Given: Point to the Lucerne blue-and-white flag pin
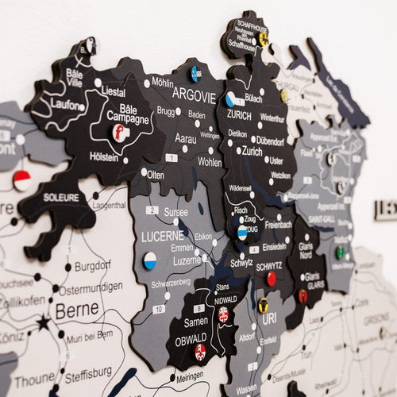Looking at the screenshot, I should (x=149, y=260).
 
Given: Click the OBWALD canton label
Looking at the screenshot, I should (x=191, y=341).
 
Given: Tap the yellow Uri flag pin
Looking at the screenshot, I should (x=263, y=305).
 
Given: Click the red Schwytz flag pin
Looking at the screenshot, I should (x=272, y=279).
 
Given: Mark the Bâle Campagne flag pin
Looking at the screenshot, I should (x=119, y=132).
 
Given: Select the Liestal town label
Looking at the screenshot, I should (x=114, y=92).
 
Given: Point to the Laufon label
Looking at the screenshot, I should (x=65, y=104).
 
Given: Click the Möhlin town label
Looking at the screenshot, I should (x=162, y=82).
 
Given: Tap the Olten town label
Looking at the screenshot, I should (x=156, y=175).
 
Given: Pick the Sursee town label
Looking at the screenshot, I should (x=175, y=213).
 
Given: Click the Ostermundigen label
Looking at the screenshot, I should (x=92, y=290).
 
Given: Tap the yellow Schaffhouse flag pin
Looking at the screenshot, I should (x=264, y=39).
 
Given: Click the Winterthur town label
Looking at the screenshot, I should (x=272, y=118).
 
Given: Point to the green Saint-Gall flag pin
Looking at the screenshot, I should (x=341, y=252).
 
